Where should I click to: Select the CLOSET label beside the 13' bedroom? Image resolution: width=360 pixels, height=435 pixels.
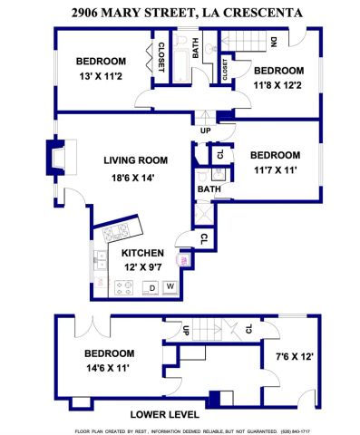tap(161, 56)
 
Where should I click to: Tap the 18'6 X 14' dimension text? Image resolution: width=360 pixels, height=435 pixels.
tap(133, 178)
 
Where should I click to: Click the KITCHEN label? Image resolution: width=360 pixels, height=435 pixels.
tap(142, 253)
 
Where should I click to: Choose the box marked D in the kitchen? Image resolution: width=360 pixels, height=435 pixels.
tap(152, 288)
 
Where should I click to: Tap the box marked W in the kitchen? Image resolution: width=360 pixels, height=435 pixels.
tap(170, 288)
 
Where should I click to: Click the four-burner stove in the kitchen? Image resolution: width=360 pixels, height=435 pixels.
tap(124, 288)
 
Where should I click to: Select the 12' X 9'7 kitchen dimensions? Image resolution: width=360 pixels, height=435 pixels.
tap(142, 267)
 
